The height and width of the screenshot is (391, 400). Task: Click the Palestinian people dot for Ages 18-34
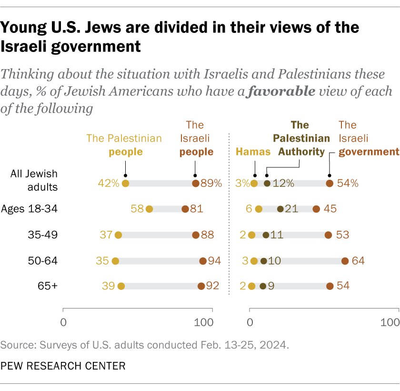point(149,209)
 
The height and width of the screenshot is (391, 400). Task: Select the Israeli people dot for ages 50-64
point(203,261)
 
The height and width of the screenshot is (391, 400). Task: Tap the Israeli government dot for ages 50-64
point(345,261)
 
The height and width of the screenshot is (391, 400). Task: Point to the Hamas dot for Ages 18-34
point(259,209)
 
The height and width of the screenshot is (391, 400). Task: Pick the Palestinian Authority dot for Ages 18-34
point(280,209)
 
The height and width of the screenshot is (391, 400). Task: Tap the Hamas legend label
point(253,152)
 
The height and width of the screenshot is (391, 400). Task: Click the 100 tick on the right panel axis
point(390,322)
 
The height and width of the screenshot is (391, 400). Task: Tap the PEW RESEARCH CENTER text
point(63,366)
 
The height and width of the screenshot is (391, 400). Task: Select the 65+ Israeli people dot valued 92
point(201,286)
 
